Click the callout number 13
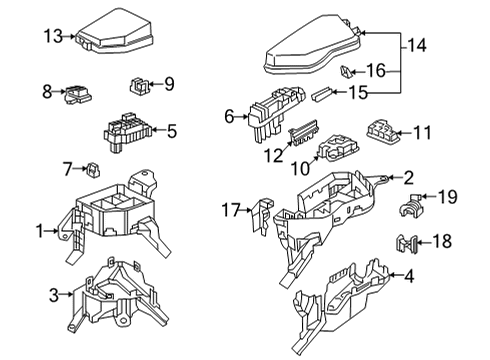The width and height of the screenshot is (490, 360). [x=53, y=37]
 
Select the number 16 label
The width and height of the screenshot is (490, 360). [x=375, y=71]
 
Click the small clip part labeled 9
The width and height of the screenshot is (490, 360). [x=139, y=84]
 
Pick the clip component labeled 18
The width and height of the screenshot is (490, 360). [x=406, y=241]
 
